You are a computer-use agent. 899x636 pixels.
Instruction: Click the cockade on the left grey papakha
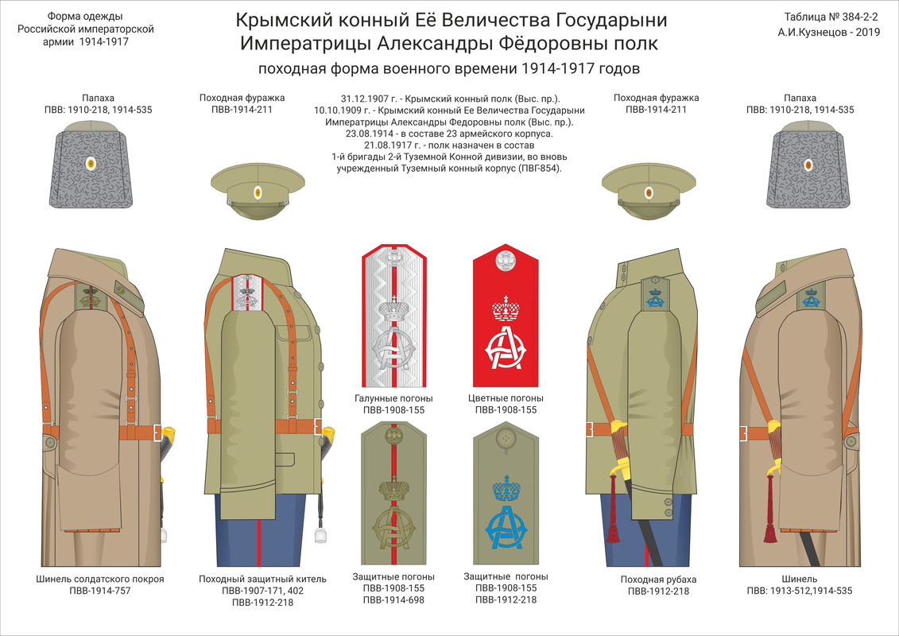90,164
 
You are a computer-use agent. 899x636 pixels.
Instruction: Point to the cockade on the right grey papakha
808,165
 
